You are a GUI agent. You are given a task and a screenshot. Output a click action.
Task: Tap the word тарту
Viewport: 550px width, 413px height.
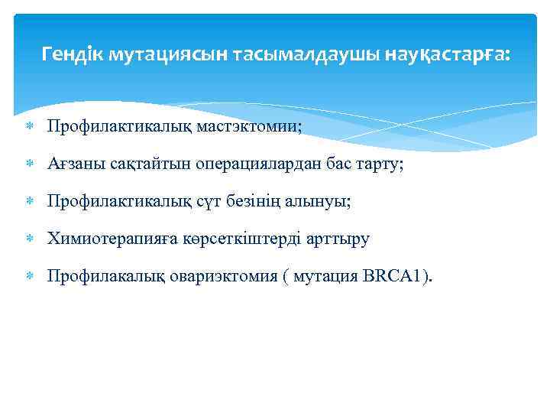(x=382, y=163)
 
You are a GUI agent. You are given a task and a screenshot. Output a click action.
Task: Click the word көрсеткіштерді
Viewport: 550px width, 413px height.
(x=241, y=239)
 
